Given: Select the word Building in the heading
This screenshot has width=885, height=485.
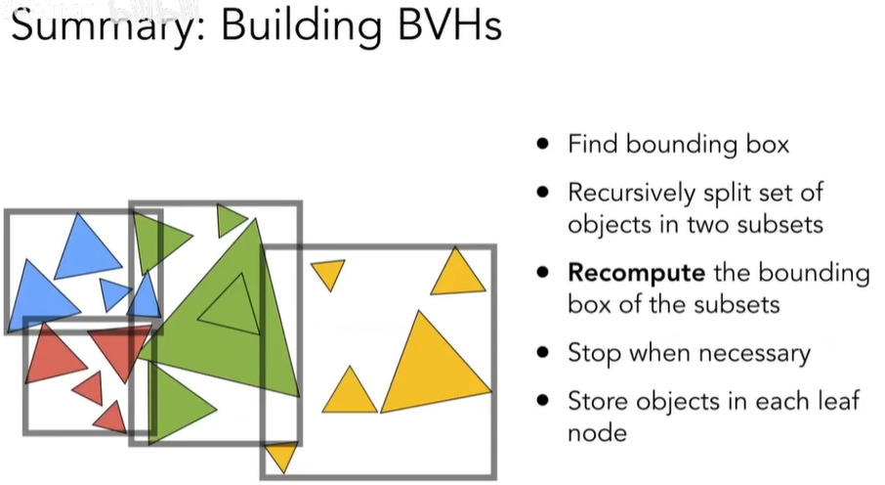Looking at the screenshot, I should [x=294, y=28].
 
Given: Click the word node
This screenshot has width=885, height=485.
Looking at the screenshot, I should [x=596, y=431].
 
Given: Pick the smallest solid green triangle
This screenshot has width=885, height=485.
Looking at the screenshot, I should [x=230, y=219].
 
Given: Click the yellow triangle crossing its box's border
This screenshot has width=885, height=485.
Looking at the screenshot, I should [x=281, y=455].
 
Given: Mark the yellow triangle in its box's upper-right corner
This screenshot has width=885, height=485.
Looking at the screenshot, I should [x=457, y=275].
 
